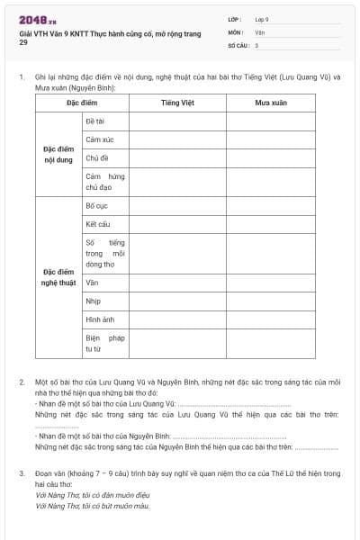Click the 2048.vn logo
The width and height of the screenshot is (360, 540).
tap(37, 19)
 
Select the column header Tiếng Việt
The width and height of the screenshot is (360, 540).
tap(176, 103)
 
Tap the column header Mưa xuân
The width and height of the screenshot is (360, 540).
tap(270, 103)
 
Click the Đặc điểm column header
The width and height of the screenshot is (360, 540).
tap(82, 103)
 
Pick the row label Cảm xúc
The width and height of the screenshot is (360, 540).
tap(99, 140)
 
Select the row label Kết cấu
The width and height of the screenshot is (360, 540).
tap(98, 224)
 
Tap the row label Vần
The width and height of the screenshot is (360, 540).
tap(92, 283)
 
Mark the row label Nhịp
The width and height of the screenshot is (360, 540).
tap(94, 301)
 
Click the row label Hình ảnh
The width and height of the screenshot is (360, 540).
tap(100, 319)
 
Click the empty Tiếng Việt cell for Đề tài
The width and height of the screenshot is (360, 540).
tap(176, 121)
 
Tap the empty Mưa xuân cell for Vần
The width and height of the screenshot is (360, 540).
tap(270, 283)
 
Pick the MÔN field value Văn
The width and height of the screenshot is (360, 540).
tap(260, 31)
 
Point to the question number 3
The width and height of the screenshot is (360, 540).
tap(22, 472)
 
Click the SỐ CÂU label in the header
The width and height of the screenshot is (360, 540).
tap(238, 45)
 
